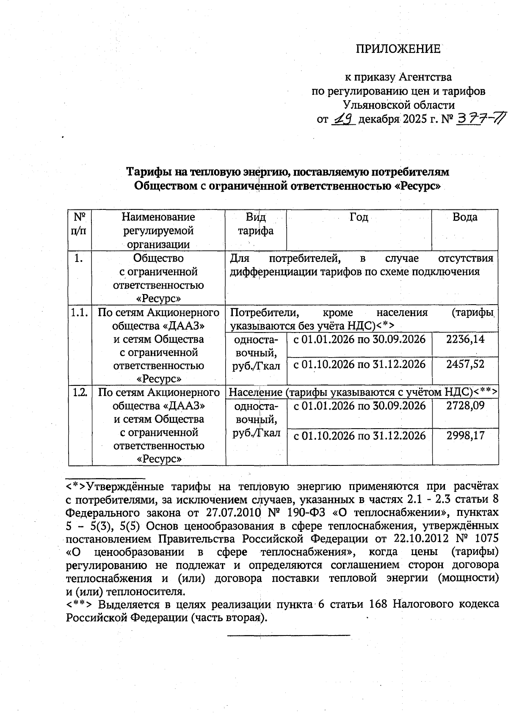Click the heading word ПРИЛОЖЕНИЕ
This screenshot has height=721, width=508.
398,49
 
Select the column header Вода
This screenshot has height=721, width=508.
465,217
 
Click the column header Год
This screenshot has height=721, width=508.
359,217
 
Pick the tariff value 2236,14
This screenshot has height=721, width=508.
465,339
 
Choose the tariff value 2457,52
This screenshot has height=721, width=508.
465,364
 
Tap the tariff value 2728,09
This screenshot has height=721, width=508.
465,405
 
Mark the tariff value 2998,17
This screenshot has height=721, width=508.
465,435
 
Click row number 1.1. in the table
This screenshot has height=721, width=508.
80,313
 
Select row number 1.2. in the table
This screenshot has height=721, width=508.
80,392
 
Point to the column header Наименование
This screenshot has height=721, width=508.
158,217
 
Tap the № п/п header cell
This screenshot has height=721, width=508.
80,224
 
